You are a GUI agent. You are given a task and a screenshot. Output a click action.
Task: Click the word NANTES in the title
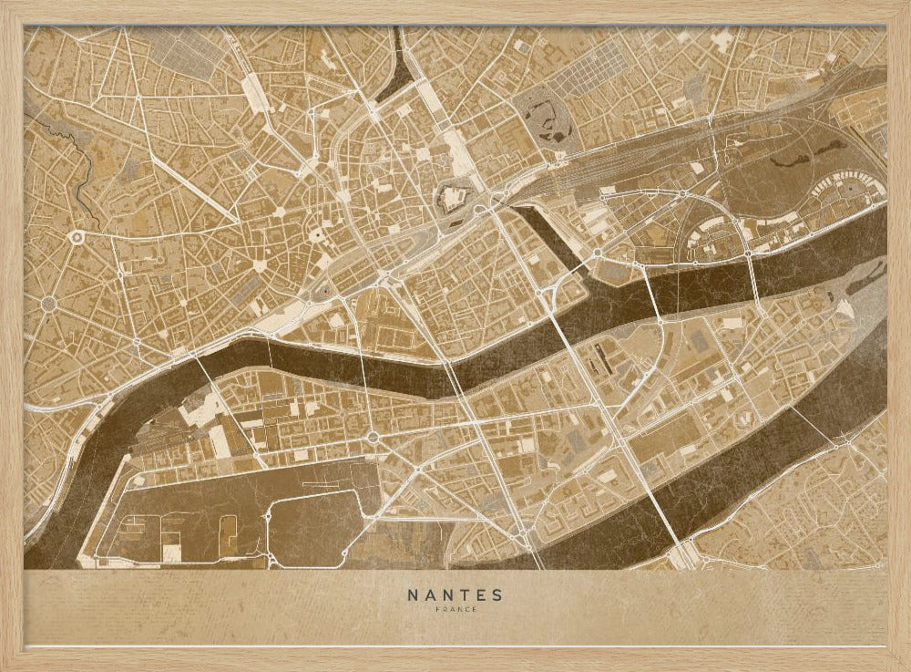tap(455, 594)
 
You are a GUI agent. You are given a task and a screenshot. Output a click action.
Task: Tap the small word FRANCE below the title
tap(455, 609)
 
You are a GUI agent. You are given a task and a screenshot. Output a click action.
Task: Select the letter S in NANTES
tap(497, 594)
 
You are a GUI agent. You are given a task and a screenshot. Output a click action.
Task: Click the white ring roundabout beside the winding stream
tap(76, 237)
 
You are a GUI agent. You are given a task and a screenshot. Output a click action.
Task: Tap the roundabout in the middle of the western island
tap(374, 438)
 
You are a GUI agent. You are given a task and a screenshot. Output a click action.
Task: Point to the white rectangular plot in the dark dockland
tap(171, 551)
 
